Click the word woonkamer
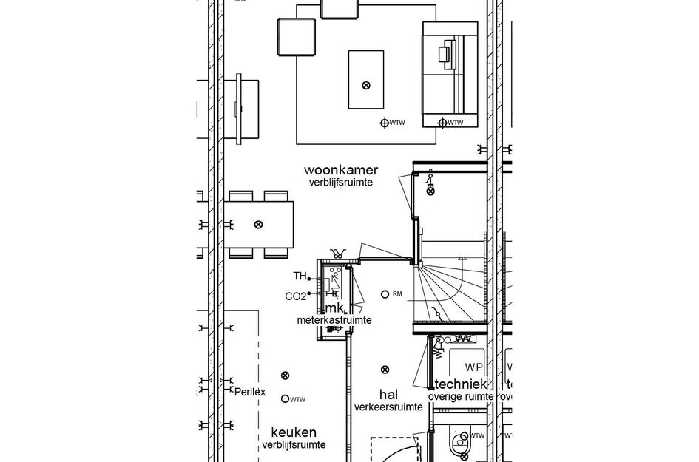pos(340,170)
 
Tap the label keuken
pos(294,432)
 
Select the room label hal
pos(388,395)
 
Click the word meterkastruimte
pos(334,320)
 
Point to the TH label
pos(300,276)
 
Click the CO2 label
pos(296,296)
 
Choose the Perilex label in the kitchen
pos(249,392)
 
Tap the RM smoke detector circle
pos(384,294)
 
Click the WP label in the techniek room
pos(473,367)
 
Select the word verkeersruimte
pos(388,407)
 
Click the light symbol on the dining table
pos(258,224)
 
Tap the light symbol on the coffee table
pos(366,86)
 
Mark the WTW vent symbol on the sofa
pos(442,123)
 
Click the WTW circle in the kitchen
pos(285,398)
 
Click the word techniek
pos(460,384)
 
